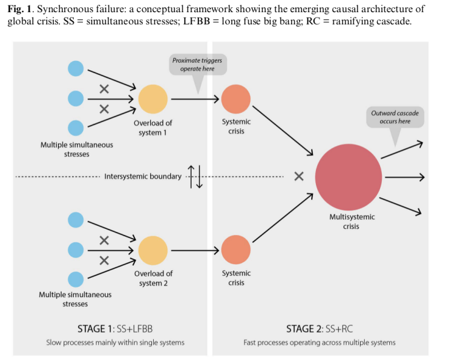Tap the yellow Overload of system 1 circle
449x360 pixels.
[x=153, y=99]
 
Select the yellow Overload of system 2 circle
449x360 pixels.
[x=153, y=250]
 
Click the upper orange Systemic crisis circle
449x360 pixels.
[x=235, y=99]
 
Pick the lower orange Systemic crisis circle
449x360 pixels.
[x=235, y=250]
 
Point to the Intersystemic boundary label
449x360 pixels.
[x=143, y=177]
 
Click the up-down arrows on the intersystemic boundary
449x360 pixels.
[x=195, y=176]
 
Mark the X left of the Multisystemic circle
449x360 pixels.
[x=298, y=177]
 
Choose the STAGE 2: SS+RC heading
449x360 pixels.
[x=319, y=329]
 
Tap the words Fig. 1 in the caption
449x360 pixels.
[x=22, y=10]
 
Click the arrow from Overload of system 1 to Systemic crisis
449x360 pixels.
[x=194, y=99]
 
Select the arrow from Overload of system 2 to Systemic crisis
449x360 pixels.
[x=194, y=250]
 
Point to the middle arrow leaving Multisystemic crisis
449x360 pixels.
[x=404, y=177]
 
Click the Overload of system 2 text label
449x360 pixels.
[x=153, y=278]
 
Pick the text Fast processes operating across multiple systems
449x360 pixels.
[x=319, y=343]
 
